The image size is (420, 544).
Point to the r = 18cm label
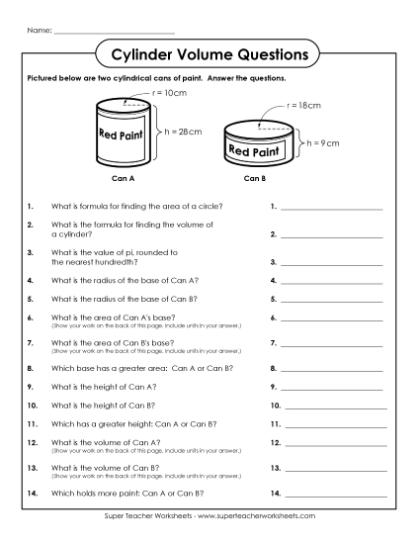[303, 103]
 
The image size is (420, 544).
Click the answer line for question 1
[332, 209]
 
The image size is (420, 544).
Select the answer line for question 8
[332, 368]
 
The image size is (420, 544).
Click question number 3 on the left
[32, 253]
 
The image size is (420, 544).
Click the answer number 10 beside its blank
[275, 405]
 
